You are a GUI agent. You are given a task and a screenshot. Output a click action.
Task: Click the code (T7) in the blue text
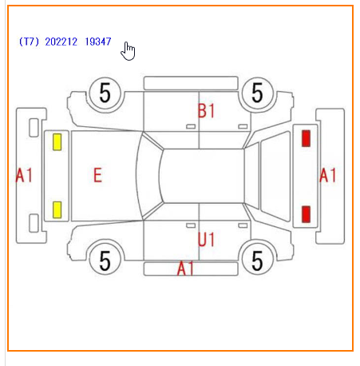pyautogui.click(x=29, y=42)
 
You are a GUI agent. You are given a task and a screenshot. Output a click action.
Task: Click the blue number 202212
pyautogui.click(x=61, y=42)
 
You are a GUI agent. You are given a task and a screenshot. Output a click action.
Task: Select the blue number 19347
pyautogui.click(x=98, y=42)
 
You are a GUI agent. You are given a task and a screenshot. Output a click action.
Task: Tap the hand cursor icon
pyautogui.click(x=128, y=51)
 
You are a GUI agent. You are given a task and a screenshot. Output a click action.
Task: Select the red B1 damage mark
pyautogui.click(x=206, y=111)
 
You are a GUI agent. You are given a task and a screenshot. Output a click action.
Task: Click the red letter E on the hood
pyautogui.click(x=97, y=175)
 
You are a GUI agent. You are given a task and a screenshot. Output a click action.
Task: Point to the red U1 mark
pyautogui.click(x=206, y=239)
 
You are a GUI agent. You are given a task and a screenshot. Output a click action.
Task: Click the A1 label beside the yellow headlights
pyautogui.click(x=24, y=175)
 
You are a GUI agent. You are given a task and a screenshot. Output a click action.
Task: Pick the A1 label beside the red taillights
pyautogui.click(x=327, y=175)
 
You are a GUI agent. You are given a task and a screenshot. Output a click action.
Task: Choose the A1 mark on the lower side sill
pyautogui.click(x=185, y=268)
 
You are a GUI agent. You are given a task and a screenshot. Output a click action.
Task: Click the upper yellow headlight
pyautogui.click(x=57, y=142)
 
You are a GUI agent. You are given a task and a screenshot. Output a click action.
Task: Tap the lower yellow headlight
pyautogui.click(x=57, y=209)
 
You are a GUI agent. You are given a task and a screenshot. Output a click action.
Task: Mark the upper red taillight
pyautogui.click(x=306, y=138)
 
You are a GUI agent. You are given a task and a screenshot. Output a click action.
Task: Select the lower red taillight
pyautogui.click(x=306, y=214)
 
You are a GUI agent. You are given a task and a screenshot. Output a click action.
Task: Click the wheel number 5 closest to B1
pyautogui.click(x=257, y=93)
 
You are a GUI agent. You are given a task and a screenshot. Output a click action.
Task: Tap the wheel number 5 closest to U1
pyautogui.click(x=257, y=261)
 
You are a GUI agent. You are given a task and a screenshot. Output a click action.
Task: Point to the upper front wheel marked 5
pyautogui.click(x=105, y=93)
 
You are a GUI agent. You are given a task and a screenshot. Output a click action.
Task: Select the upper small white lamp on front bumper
pyautogui.click(x=34, y=128)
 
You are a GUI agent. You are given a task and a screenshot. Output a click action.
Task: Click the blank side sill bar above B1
pyautogui.click(x=191, y=83)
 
